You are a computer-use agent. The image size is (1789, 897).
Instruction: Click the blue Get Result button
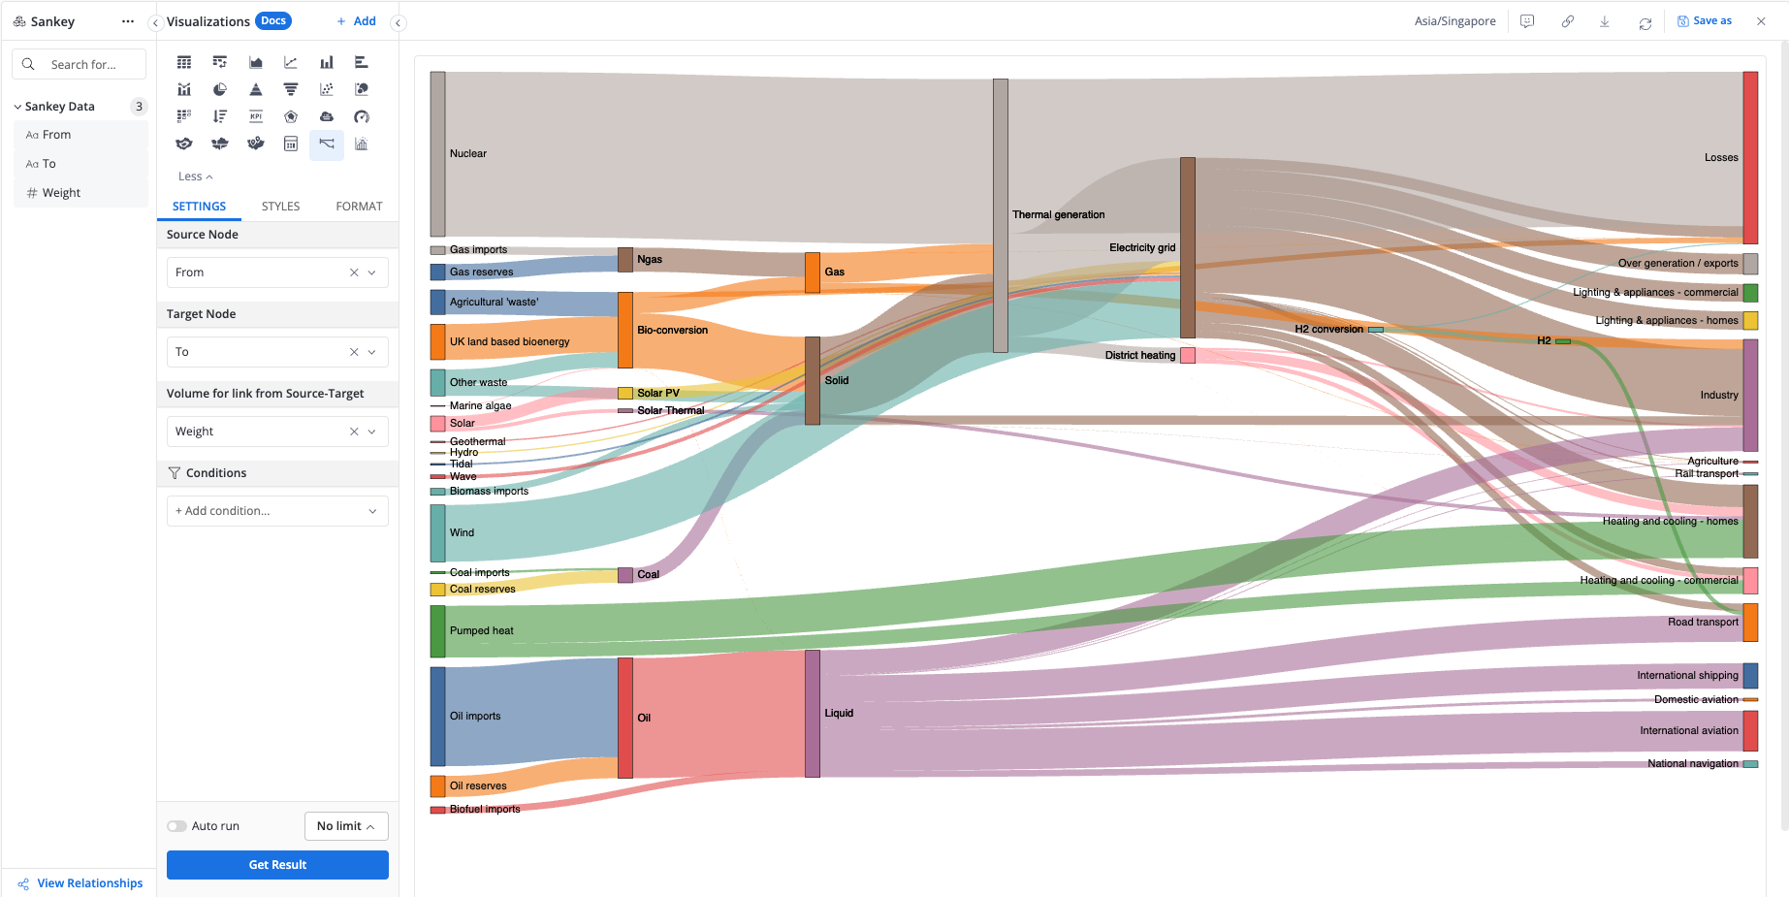click(277, 865)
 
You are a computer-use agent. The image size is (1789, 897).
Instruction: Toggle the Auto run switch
click(176, 826)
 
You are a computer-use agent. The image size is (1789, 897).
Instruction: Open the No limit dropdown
click(346, 826)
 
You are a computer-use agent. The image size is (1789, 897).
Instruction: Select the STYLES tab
click(280, 207)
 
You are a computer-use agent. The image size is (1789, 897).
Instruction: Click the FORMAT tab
click(359, 207)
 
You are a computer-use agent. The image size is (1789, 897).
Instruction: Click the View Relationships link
click(89, 883)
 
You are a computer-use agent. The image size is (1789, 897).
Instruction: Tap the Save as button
click(1705, 21)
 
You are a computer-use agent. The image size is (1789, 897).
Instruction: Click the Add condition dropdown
click(277, 511)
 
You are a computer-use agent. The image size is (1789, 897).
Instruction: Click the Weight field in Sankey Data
click(61, 193)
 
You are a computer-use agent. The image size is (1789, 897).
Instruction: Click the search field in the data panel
click(83, 64)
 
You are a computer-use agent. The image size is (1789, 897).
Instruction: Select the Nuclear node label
click(468, 153)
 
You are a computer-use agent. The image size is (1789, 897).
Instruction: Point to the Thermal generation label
click(1058, 214)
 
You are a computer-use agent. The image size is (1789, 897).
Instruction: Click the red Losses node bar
click(1750, 157)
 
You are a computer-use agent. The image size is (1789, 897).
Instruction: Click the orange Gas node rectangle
click(813, 272)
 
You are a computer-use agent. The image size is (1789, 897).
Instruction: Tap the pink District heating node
click(1188, 355)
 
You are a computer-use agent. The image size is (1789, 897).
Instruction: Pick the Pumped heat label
click(482, 630)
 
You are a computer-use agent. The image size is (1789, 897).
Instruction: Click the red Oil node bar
click(625, 718)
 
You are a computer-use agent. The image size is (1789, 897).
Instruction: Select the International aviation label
click(1689, 730)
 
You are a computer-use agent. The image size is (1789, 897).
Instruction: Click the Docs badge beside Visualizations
click(273, 20)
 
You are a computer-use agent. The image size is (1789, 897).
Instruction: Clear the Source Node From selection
click(354, 272)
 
